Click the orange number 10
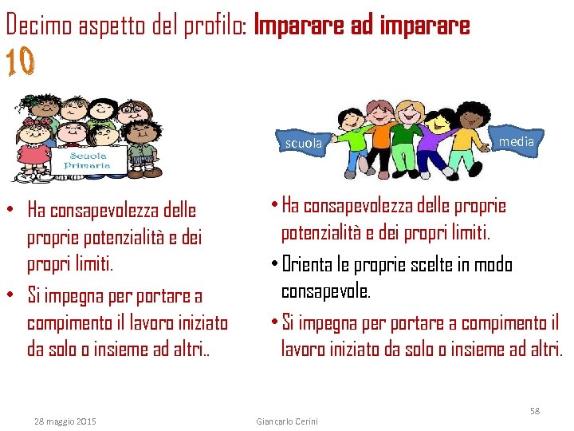coord(21,63)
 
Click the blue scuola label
coord(304,144)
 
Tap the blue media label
coord(516,141)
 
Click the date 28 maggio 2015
coord(65,421)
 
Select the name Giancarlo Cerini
coord(286,421)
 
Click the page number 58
coord(535,410)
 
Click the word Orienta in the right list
coord(319,264)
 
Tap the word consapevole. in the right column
coord(326,291)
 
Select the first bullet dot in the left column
coord(14,211)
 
